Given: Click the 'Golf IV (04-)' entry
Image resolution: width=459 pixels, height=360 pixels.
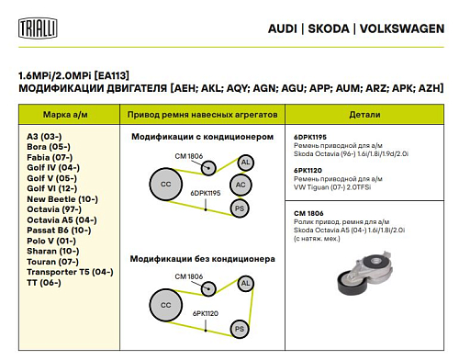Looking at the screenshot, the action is pyautogui.click(x=53, y=167).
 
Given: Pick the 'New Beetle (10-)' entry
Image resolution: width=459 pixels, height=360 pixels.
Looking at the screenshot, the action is pyautogui.click(x=62, y=198).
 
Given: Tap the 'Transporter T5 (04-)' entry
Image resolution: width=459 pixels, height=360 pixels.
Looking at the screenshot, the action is pyautogui.click(x=70, y=272).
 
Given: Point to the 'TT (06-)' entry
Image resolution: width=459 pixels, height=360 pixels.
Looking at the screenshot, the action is pyautogui.click(x=44, y=282).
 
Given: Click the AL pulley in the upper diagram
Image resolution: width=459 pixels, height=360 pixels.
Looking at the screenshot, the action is pyautogui.click(x=245, y=163).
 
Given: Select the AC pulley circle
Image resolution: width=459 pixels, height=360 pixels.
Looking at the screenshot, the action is pyautogui.click(x=240, y=185).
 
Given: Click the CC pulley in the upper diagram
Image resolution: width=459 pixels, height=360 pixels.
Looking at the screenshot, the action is pyautogui.click(x=166, y=185).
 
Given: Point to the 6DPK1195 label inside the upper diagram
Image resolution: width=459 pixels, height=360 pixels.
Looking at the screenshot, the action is pyautogui.click(x=206, y=194).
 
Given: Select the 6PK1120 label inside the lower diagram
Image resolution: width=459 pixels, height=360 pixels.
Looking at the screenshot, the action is pyautogui.click(x=206, y=313).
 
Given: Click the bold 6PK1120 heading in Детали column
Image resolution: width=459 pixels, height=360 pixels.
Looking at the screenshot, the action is pyautogui.click(x=308, y=170).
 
